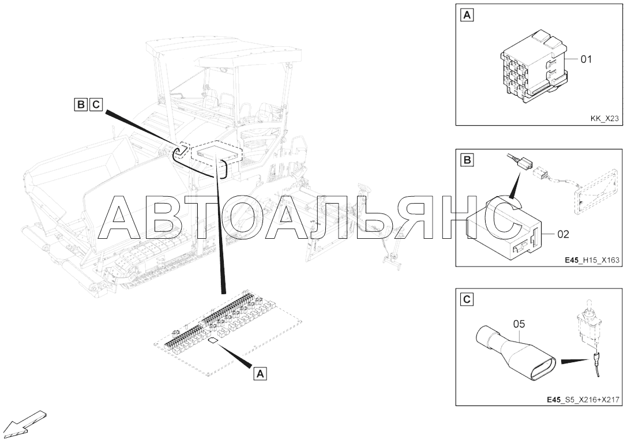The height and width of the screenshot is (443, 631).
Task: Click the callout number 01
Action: pos(586,59)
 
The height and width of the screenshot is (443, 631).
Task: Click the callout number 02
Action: pos(563,234)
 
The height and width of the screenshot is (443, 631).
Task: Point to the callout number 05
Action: pos(519,324)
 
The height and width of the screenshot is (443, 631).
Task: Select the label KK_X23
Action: pos(604,118)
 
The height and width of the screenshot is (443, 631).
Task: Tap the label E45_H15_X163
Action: pos(592,260)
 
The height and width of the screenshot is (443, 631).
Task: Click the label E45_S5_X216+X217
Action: pos(583,400)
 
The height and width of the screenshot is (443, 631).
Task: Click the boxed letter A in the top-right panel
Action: pos(467,16)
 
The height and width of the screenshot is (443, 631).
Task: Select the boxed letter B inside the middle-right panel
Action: pos(467,160)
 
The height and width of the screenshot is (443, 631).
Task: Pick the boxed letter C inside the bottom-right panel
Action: pos(467,299)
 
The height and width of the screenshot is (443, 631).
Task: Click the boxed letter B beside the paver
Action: pos(81,104)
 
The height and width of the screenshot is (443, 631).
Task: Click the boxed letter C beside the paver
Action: pos(96,104)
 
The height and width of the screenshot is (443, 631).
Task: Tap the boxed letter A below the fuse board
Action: pos(260,374)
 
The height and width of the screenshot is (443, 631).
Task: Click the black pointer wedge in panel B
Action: pos(516,185)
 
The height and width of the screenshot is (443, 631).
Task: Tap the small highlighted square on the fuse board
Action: pos(213,340)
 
